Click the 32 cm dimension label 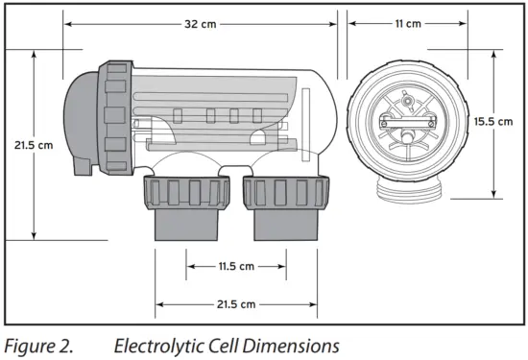[x=201, y=24]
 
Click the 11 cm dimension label [x=408, y=24]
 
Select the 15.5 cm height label [x=493, y=121]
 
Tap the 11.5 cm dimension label [x=236, y=266]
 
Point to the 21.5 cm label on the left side [x=34, y=145]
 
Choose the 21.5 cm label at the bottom [x=236, y=304]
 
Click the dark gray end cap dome [x=81, y=123]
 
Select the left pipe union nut [x=187, y=192]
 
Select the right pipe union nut [x=286, y=192]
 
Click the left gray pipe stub [x=186, y=225]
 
